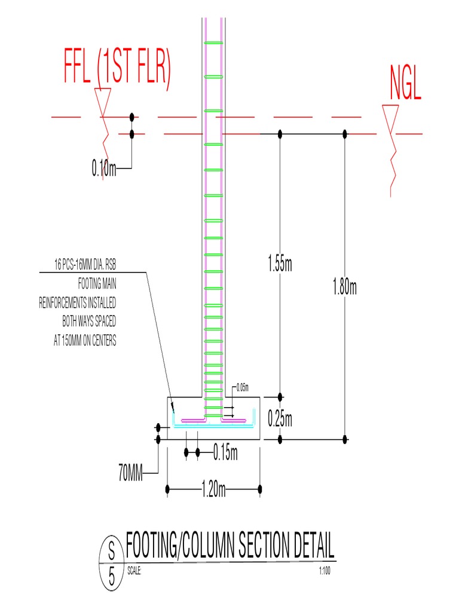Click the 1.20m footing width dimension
pyautogui.click(x=213, y=491)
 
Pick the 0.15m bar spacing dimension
pyautogui.click(x=225, y=454)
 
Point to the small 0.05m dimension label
pyautogui.click(x=242, y=387)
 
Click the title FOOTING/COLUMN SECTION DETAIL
pyautogui.click(x=230, y=546)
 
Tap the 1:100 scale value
pyautogui.click(x=326, y=571)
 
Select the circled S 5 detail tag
pyautogui.click(x=111, y=564)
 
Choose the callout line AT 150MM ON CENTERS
pyautogui.click(x=84, y=342)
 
